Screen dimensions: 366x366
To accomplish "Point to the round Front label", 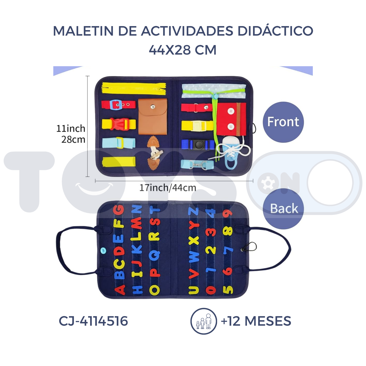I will tap(283, 122).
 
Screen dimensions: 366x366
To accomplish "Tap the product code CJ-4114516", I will tap(93, 321).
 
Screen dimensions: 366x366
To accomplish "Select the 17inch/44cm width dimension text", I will tap(168, 188).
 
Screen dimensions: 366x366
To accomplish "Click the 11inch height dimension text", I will tap(71, 129).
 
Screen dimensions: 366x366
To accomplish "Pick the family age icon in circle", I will tap(204, 321).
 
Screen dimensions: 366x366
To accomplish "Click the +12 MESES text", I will tap(256, 321).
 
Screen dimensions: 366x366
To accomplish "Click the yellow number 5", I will tap(228, 290).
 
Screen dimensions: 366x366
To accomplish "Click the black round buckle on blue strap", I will tap(198, 145).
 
